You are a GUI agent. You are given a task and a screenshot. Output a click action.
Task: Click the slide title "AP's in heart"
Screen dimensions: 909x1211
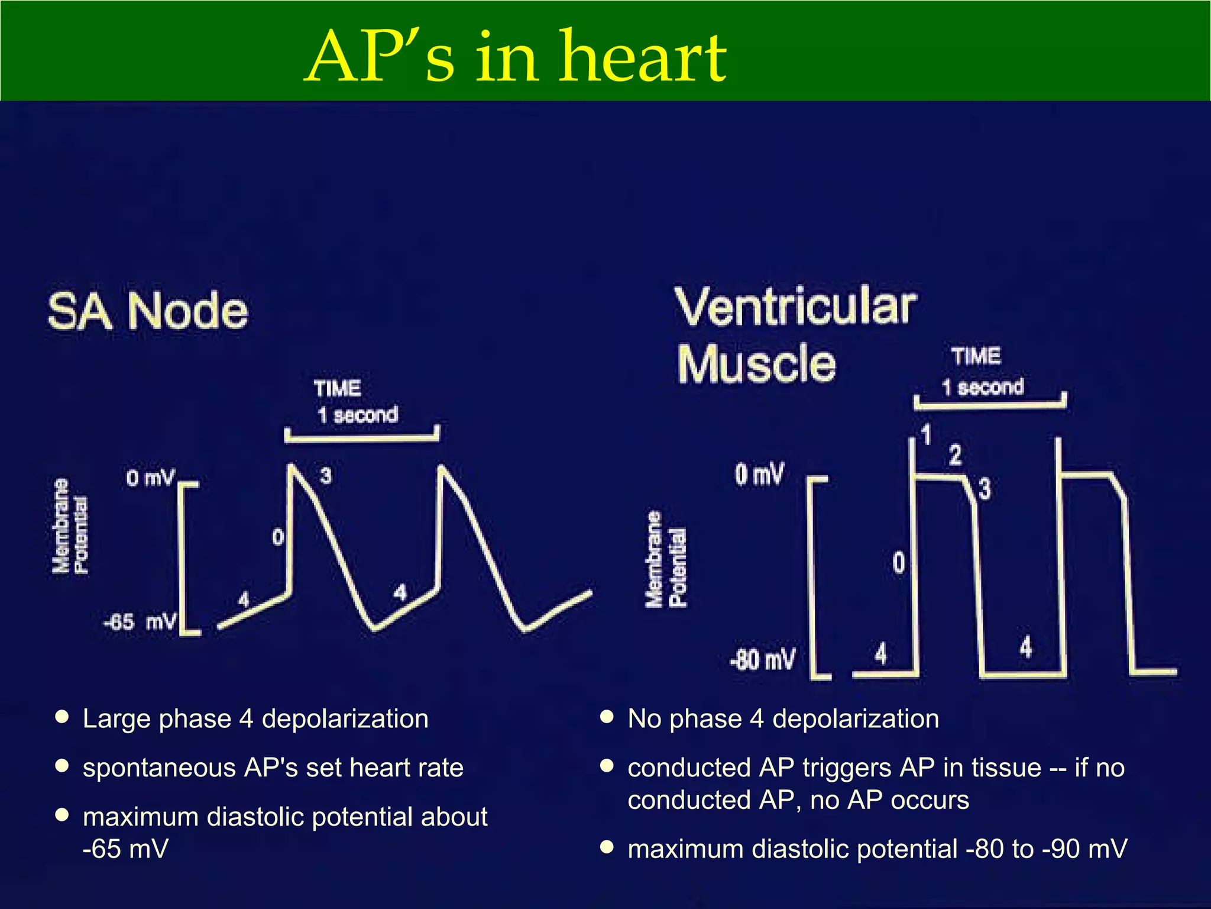pyautogui.click(x=516, y=58)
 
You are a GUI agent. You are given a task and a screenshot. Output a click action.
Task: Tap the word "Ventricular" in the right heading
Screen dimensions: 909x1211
pyautogui.click(x=796, y=307)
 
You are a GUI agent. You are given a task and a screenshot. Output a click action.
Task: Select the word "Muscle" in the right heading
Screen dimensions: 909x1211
pyautogui.click(x=756, y=363)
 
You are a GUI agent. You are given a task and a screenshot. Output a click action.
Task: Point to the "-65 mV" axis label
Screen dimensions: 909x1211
pyautogui.click(x=140, y=623)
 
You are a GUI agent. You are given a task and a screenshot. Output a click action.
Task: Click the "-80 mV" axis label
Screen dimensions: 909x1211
pyautogui.click(x=762, y=659)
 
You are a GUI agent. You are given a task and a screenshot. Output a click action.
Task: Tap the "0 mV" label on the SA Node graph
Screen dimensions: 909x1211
pyautogui.click(x=150, y=478)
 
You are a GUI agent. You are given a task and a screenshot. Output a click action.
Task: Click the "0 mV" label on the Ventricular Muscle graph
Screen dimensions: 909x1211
pyautogui.click(x=759, y=475)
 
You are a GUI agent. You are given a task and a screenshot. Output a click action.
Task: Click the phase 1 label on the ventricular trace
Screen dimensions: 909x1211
pyautogui.click(x=926, y=435)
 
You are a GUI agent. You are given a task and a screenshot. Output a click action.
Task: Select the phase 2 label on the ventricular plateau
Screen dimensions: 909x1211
pyautogui.click(x=956, y=455)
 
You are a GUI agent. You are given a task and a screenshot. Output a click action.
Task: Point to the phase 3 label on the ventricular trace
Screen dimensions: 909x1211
pyautogui.click(x=985, y=489)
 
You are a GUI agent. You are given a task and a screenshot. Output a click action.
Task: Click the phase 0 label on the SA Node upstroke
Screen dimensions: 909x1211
pyautogui.click(x=278, y=537)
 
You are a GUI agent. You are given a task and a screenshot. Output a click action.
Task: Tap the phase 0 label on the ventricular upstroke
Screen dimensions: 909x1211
pyautogui.click(x=899, y=562)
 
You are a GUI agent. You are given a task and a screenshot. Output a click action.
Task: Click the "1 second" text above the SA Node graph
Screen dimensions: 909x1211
pyautogui.click(x=357, y=415)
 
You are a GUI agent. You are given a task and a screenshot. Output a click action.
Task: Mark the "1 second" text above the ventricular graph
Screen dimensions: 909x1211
pyautogui.click(x=983, y=388)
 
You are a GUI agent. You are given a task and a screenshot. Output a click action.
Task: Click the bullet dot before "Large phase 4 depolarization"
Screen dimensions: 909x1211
pyautogui.click(x=61, y=717)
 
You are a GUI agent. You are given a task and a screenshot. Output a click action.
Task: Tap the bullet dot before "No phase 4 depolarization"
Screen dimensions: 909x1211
pyautogui.click(x=606, y=717)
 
